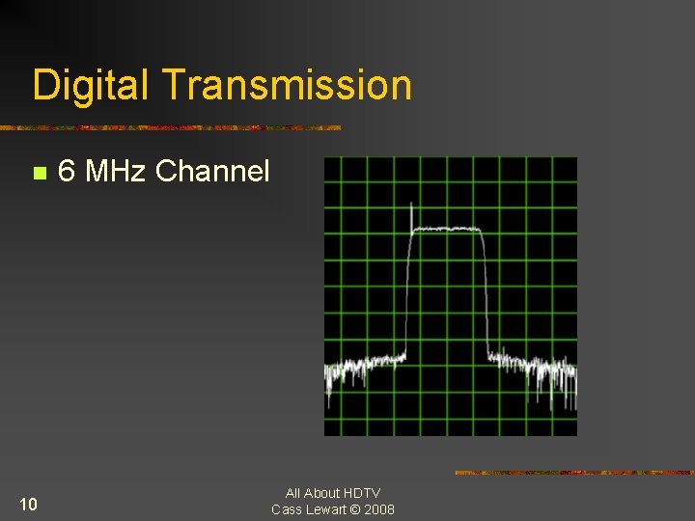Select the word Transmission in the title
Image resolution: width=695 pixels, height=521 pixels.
pos(287,85)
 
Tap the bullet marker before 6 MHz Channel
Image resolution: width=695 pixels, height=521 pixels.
pos(39,174)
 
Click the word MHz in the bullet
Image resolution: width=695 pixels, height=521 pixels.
pos(116,172)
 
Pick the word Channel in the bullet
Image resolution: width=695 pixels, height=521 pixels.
pos(212,172)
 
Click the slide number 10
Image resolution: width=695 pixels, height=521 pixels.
pos(28,504)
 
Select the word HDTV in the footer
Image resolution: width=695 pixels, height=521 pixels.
pos(361,493)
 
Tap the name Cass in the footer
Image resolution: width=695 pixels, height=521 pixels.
pos(288,509)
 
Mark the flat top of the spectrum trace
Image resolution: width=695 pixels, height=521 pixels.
pos(447,229)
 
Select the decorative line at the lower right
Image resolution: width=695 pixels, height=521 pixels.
pos(574,473)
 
